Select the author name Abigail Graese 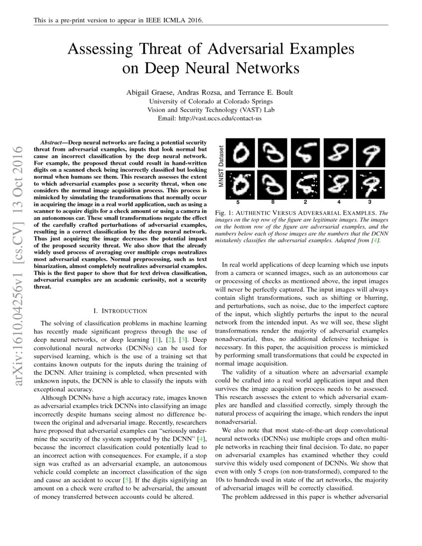148,92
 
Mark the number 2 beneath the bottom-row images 304,203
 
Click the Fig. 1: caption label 225,212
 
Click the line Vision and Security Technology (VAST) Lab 211,110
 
